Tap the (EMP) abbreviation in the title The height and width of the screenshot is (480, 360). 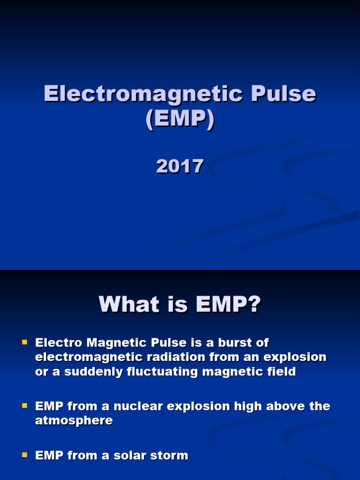(x=180, y=120)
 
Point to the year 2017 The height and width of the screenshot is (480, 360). (x=180, y=166)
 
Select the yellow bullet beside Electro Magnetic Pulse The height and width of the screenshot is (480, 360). (x=25, y=343)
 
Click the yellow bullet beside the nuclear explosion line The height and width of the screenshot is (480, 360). (x=25, y=405)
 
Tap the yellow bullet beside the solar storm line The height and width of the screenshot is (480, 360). (x=25, y=455)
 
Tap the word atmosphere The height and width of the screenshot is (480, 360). (x=74, y=420)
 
